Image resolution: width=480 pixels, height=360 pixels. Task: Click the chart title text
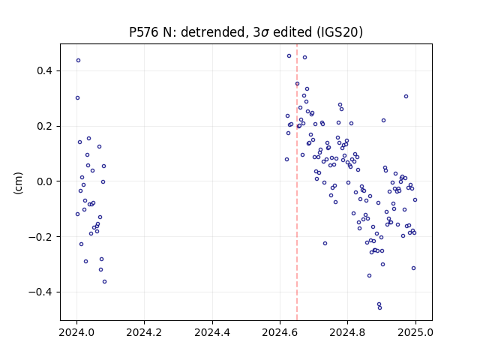click(x=246, y=32)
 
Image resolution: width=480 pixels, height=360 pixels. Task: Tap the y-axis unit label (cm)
click(x=18, y=183)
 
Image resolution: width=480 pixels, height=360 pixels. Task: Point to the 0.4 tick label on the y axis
click(x=45, y=71)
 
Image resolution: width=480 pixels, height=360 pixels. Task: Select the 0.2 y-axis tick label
click(x=45, y=127)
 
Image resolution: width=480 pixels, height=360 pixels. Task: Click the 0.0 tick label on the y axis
click(x=45, y=181)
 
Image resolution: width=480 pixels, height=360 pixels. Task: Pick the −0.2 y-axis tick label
click(x=40, y=237)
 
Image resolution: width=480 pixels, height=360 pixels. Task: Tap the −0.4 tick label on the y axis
click(x=40, y=292)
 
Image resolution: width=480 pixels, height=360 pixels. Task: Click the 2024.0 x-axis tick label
click(x=76, y=332)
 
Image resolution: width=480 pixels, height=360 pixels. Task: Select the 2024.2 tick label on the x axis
click(x=144, y=332)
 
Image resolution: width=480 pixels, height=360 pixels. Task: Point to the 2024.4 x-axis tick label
click(x=212, y=332)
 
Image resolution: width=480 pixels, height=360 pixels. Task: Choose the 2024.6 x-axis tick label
click(x=280, y=332)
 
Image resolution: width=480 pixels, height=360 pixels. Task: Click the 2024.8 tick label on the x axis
click(x=347, y=332)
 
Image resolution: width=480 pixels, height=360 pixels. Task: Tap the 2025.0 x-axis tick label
click(x=415, y=332)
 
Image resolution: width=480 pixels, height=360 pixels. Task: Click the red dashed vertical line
click(x=297, y=182)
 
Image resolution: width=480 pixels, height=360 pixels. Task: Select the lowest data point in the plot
click(x=380, y=308)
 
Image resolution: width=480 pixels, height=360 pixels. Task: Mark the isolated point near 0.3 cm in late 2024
click(x=406, y=97)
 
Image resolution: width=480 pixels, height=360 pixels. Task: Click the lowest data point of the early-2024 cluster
click(x=104, y=282)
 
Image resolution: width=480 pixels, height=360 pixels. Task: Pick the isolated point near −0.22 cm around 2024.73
click(x=325, y=243)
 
